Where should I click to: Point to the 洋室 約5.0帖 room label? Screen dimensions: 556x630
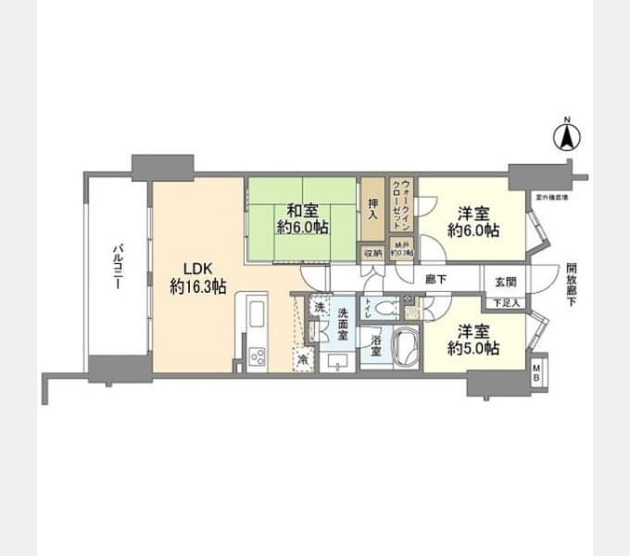(x=472, y=339)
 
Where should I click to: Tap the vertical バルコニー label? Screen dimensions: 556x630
(x=117, y=269)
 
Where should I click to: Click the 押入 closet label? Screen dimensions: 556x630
(x=372, y=209)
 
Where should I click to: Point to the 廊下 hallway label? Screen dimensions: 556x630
(x=435, y=277)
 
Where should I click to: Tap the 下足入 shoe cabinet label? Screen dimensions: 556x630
(x=505, y=303)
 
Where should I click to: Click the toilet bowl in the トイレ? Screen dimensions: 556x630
(x=386, y=310)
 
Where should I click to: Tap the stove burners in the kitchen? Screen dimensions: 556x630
(x=257, y=355)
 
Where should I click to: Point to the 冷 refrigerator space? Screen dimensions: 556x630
(x=302, y=361)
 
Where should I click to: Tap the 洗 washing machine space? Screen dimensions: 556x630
(x=318, y=307)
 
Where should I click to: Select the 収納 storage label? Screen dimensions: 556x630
(x=372, y=251)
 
